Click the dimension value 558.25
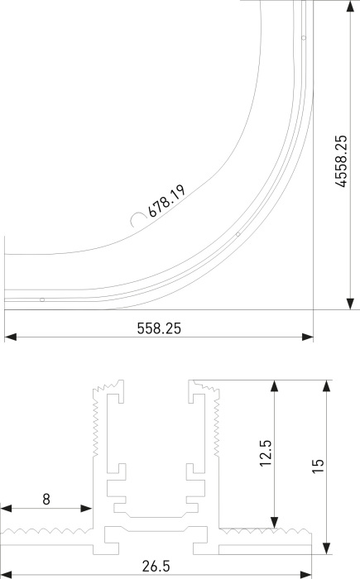coord(159,328)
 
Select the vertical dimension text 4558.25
coord(340,160)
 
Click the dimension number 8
coord(46,499)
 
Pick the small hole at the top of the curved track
coord(304,38)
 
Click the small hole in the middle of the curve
coord(238,234)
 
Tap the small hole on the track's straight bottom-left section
coord(41,299)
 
